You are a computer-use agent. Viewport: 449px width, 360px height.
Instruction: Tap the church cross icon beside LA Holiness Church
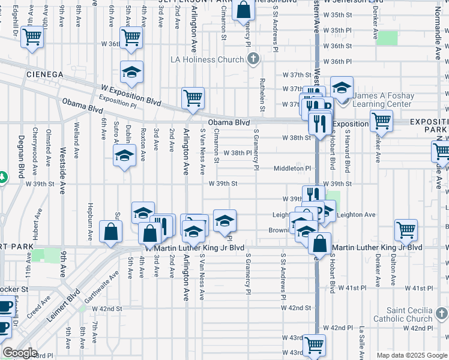click(253, 59)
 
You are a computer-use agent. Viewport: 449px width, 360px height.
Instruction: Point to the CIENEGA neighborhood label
click(44, 74)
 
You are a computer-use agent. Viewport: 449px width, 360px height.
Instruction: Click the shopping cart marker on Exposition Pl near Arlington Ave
click(193, 98)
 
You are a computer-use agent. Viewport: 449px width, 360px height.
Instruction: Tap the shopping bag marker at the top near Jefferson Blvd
click(244, 10)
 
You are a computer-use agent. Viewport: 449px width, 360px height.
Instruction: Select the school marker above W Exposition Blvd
click(131, 73)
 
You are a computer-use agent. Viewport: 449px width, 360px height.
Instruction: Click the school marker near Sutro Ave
click(124, 156)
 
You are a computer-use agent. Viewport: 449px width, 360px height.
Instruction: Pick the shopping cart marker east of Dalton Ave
click(406, 229)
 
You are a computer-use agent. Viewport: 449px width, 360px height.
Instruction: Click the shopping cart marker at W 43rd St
click(315, 345)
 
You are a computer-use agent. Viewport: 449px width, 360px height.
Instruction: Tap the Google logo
click(20, 353)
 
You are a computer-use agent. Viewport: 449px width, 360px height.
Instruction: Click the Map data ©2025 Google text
click(411, 355)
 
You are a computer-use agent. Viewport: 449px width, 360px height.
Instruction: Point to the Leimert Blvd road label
click(65, 307)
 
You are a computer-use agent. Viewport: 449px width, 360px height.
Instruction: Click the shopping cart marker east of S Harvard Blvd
click(381, 120)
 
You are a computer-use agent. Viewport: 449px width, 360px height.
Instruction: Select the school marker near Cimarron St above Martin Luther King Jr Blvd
click(224, 221)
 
